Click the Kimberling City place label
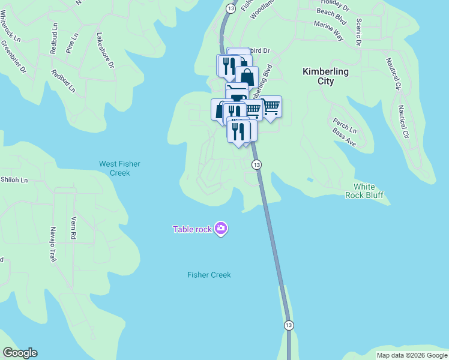[325, 76]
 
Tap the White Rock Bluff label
[364, 191]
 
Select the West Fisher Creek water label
[114, 168]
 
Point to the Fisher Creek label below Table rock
[209, 275]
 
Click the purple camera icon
[221, 228]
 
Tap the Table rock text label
[192, 229]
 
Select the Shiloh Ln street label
[14, 179]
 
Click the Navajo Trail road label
[50, 248]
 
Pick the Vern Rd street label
[74, 228]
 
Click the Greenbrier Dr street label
[14, 57]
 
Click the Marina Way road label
[328, 31]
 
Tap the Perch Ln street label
[345, 126]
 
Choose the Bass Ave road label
[345, 139]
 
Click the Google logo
[20, 353]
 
